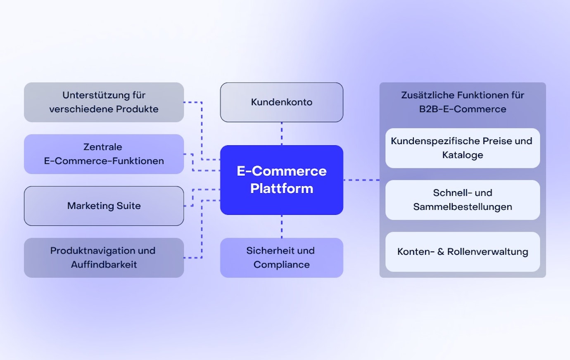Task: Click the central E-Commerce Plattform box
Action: coord(281,180)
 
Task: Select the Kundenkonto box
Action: coord(281,102)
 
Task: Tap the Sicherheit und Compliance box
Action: coord(281,257)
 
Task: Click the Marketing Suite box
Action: coord(104,206)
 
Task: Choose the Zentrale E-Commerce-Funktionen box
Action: coord(104,154)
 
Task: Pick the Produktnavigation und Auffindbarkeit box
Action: coord(104,257)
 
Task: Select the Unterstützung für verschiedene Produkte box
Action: coord(104,102)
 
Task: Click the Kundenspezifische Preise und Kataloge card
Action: coord(462,148)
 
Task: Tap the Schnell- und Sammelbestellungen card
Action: coord(462,200)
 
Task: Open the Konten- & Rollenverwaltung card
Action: coord(462,251)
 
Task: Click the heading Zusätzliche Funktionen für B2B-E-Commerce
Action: coord(462,102)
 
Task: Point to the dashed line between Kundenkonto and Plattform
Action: coord(282,133)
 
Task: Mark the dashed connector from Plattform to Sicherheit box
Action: coord(282,226)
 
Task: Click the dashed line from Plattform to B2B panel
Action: coord(361,180)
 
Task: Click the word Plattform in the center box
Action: coord(282,189)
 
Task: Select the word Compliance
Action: coord(282,265)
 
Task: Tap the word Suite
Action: coord(128,206)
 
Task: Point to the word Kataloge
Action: coord(462,155)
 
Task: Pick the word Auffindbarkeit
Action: coord(104,265)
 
